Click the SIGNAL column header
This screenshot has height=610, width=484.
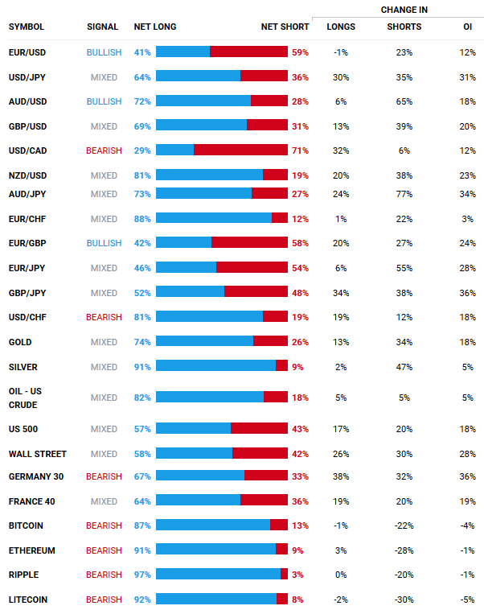(x=102, y=27)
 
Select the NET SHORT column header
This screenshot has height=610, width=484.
(x=285, y=27)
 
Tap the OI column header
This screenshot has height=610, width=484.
(x=467, y=27)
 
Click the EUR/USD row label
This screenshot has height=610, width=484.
(x=26, y=52)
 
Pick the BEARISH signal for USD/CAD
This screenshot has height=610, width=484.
(x=104, y=150)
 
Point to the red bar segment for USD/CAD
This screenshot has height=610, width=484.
(x=240, y=150)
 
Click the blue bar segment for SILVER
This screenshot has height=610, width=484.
(x=215, y=366)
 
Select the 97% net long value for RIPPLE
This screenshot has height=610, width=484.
(x=142, y=575)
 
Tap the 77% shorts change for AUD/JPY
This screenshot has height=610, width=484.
(x=404, y=194)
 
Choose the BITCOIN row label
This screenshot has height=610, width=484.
(x=26, y=526)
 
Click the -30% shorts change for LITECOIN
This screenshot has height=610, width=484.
(x=404, y=600)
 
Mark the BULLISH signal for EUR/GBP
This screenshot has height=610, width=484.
(x=104, y=242)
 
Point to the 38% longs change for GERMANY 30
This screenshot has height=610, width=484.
(x=340, y=476)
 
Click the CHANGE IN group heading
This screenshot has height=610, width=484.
(x=404, y=10)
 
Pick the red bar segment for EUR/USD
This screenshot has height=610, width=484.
(x=248, y=52)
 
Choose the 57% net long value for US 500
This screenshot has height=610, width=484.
(x=142, y=429)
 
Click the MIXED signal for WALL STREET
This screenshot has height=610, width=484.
(x=104, y=454)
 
